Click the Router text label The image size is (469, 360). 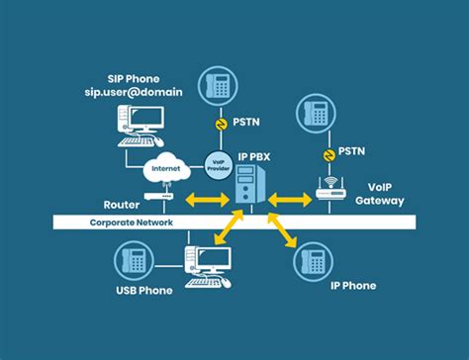click(121, 205)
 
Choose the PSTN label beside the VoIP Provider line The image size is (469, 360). click(245, 124)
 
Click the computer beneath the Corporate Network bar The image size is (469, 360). click(207, 264)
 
